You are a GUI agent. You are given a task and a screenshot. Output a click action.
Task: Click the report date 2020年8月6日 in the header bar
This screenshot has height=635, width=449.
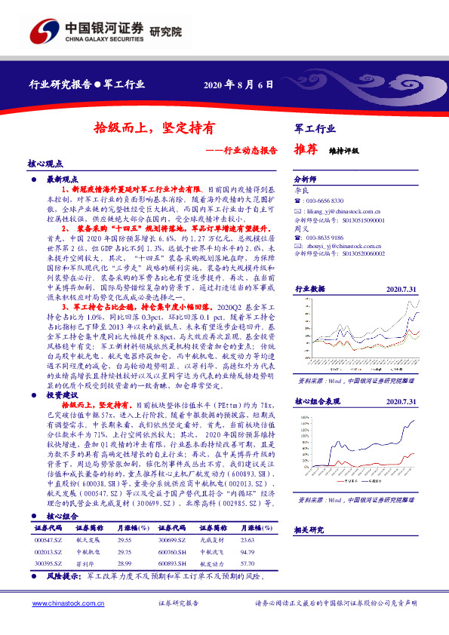coord(238,84)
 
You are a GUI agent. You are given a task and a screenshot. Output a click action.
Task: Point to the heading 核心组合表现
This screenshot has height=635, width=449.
coord(317,403)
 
